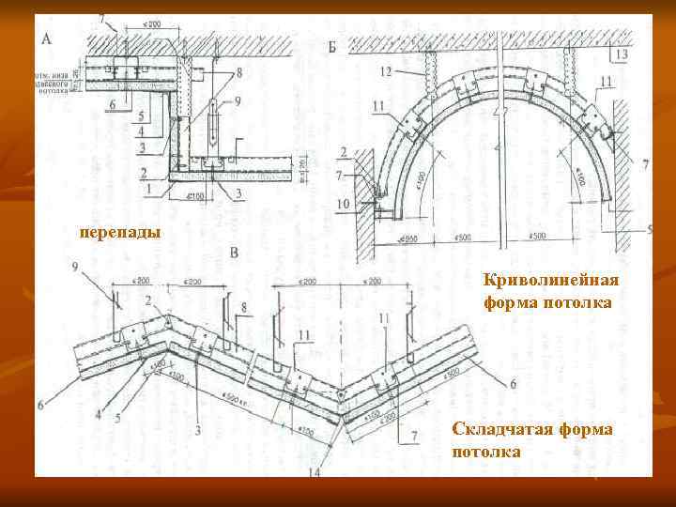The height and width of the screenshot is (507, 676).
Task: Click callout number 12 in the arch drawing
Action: click(386, 70)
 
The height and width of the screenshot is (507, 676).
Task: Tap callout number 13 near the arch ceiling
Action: click(623, 55)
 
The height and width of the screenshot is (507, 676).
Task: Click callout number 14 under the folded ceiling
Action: click(314, 471)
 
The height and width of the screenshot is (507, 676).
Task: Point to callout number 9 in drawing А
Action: click(238, 100)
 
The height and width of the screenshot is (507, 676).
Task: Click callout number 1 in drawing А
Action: click(146, 188)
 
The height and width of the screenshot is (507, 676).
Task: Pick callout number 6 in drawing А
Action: click(113, 104)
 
